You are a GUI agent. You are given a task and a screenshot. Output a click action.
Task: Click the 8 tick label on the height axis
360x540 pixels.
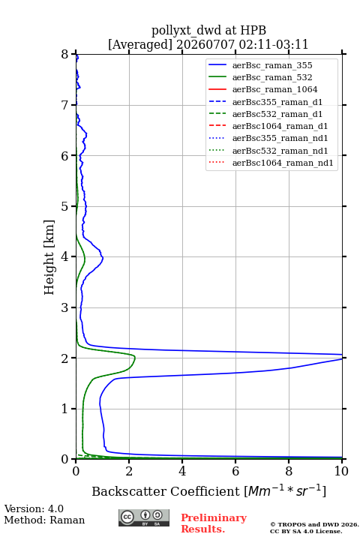(65, 55)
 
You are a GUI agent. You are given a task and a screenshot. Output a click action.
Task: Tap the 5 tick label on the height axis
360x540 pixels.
(65, 207)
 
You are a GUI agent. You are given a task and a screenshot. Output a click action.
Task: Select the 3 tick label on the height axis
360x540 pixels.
(65, 307)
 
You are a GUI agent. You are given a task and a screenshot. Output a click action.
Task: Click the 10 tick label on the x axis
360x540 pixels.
(341, 471)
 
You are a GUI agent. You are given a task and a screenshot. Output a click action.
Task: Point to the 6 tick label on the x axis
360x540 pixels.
(235, 471)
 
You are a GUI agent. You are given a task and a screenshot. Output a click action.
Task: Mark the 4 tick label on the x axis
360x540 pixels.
(182, 471)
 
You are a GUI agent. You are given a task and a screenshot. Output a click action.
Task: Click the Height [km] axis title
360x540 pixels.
(49, 257)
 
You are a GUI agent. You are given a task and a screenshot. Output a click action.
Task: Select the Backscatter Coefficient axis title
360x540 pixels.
(208, 490)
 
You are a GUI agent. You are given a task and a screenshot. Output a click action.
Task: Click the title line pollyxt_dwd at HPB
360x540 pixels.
(208, 30)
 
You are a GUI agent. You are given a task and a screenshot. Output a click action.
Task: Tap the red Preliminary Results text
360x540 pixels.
(214, 523)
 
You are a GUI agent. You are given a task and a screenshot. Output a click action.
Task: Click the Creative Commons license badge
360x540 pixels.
(144, 517)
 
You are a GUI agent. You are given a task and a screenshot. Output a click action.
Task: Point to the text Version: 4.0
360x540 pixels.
(34, 508)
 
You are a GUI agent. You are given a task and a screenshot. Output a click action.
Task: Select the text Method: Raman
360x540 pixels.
(44, 520)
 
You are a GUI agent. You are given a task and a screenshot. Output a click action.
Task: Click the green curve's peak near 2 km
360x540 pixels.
(135, 358)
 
